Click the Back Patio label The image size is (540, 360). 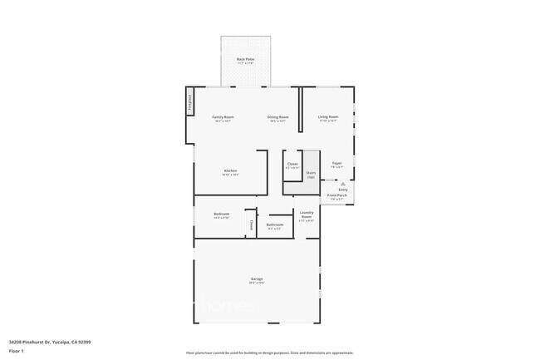pyautogui.click(x=245, y=60)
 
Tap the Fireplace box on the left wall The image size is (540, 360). pyautogui.click(x=189, y=101)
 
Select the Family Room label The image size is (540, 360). pyautogui.click(x=223, y=118)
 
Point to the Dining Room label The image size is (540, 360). pyautogui.click(x=277, y=118)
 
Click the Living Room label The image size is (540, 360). pyautogui.click(x=328, y=118)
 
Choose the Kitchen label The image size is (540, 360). pyautogui.click(x=230, y=172)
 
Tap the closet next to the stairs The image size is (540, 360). pyautogui.click(x=292, y=165)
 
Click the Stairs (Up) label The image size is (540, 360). pyautogui.click(x=311, y=175)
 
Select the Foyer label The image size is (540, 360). pyautogui.click(x=336, y=165)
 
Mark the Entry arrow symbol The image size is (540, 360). pyautogui.click(x=342, y=184)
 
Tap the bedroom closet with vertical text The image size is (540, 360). pyautogui.click(x=250, y=224)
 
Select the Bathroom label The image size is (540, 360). pyautogui.click(x=275, y=225)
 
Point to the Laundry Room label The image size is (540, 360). pyautogui.click(x=307, y=214)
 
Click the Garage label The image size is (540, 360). pyautogui.click(x=257, y=279)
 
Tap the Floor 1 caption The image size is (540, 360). pyautogui.click(x=17, y=351)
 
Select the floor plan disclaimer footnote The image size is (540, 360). pyautogui.click(x=270, y=353)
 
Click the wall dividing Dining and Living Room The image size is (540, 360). pyautogui.click(x=299, y=108)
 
